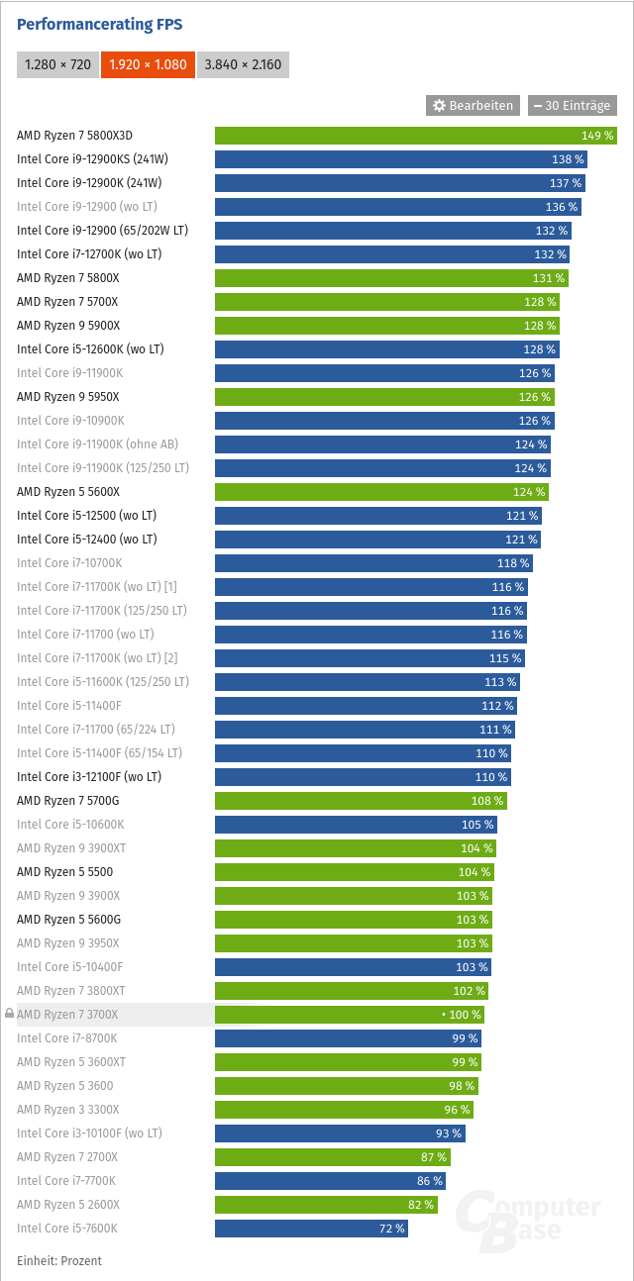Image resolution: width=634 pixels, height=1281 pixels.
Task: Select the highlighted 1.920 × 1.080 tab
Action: tap(147, 65)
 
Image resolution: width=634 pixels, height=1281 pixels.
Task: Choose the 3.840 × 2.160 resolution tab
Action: tap(243, 65)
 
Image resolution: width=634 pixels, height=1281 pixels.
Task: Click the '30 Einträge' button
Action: tap(573, 105)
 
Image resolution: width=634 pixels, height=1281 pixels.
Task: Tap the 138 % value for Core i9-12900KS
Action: tap(568, 159)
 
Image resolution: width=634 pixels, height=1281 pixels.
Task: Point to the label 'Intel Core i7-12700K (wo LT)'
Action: tap(89, 254)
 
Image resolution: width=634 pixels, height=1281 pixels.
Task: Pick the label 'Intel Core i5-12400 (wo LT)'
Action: tap(87, 540)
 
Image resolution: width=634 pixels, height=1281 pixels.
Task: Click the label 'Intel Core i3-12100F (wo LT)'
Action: tap(89, 777)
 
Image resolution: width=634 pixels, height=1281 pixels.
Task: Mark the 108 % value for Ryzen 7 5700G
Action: tap(486, 801)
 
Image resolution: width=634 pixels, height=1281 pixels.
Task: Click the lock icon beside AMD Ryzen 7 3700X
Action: tap(9, 1015)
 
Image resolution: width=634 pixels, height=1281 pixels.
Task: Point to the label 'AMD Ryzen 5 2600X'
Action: tap(68, 1205)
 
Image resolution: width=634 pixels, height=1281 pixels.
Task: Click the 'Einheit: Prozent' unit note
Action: tap(59, 1260)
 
